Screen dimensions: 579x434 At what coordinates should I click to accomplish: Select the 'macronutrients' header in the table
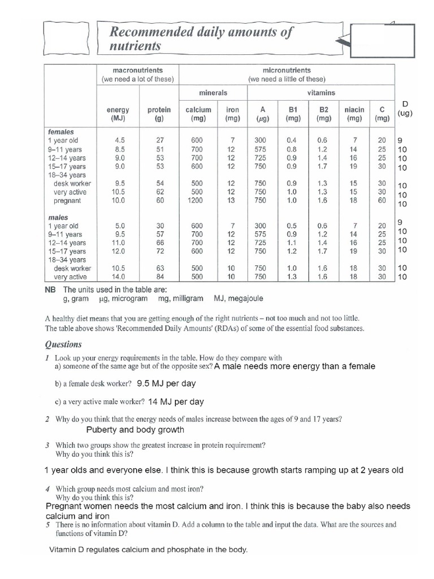tap(137, 70)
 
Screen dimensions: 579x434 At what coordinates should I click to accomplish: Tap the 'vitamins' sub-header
tap(321, 92)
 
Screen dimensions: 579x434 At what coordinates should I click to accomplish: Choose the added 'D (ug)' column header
tap(405, 108)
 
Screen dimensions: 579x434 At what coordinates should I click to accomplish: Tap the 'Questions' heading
tap(63, 344)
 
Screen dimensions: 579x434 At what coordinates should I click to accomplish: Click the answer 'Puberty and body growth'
tap(135, 430)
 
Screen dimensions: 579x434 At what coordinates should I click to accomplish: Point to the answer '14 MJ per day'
tap(176, 402)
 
